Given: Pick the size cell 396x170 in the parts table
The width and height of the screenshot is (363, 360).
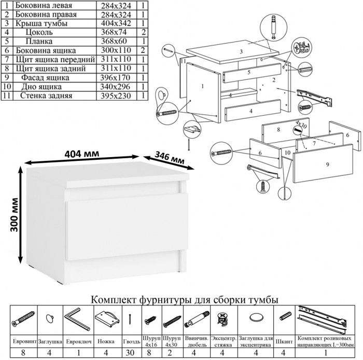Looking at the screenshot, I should [116, 77].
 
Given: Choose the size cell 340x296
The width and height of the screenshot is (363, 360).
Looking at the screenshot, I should [116, 87].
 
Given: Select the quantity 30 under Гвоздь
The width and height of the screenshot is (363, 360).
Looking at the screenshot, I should [131, 353].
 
